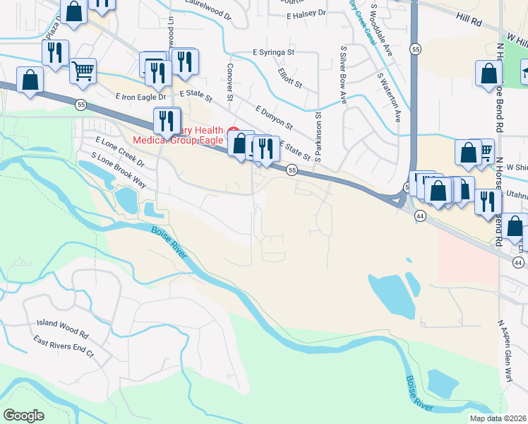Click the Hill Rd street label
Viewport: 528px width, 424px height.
[467, 23]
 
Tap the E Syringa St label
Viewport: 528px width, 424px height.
[273, 52]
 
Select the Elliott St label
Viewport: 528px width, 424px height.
[290, 78]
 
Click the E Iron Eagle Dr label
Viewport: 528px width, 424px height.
[141, 96]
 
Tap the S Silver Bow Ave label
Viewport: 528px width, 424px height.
[344, 77]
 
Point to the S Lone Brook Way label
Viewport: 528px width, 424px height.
[118, 170]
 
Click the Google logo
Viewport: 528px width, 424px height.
[24, 416]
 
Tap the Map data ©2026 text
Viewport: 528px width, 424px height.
[498, 418]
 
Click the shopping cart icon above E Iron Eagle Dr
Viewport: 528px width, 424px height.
[83, 71]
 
